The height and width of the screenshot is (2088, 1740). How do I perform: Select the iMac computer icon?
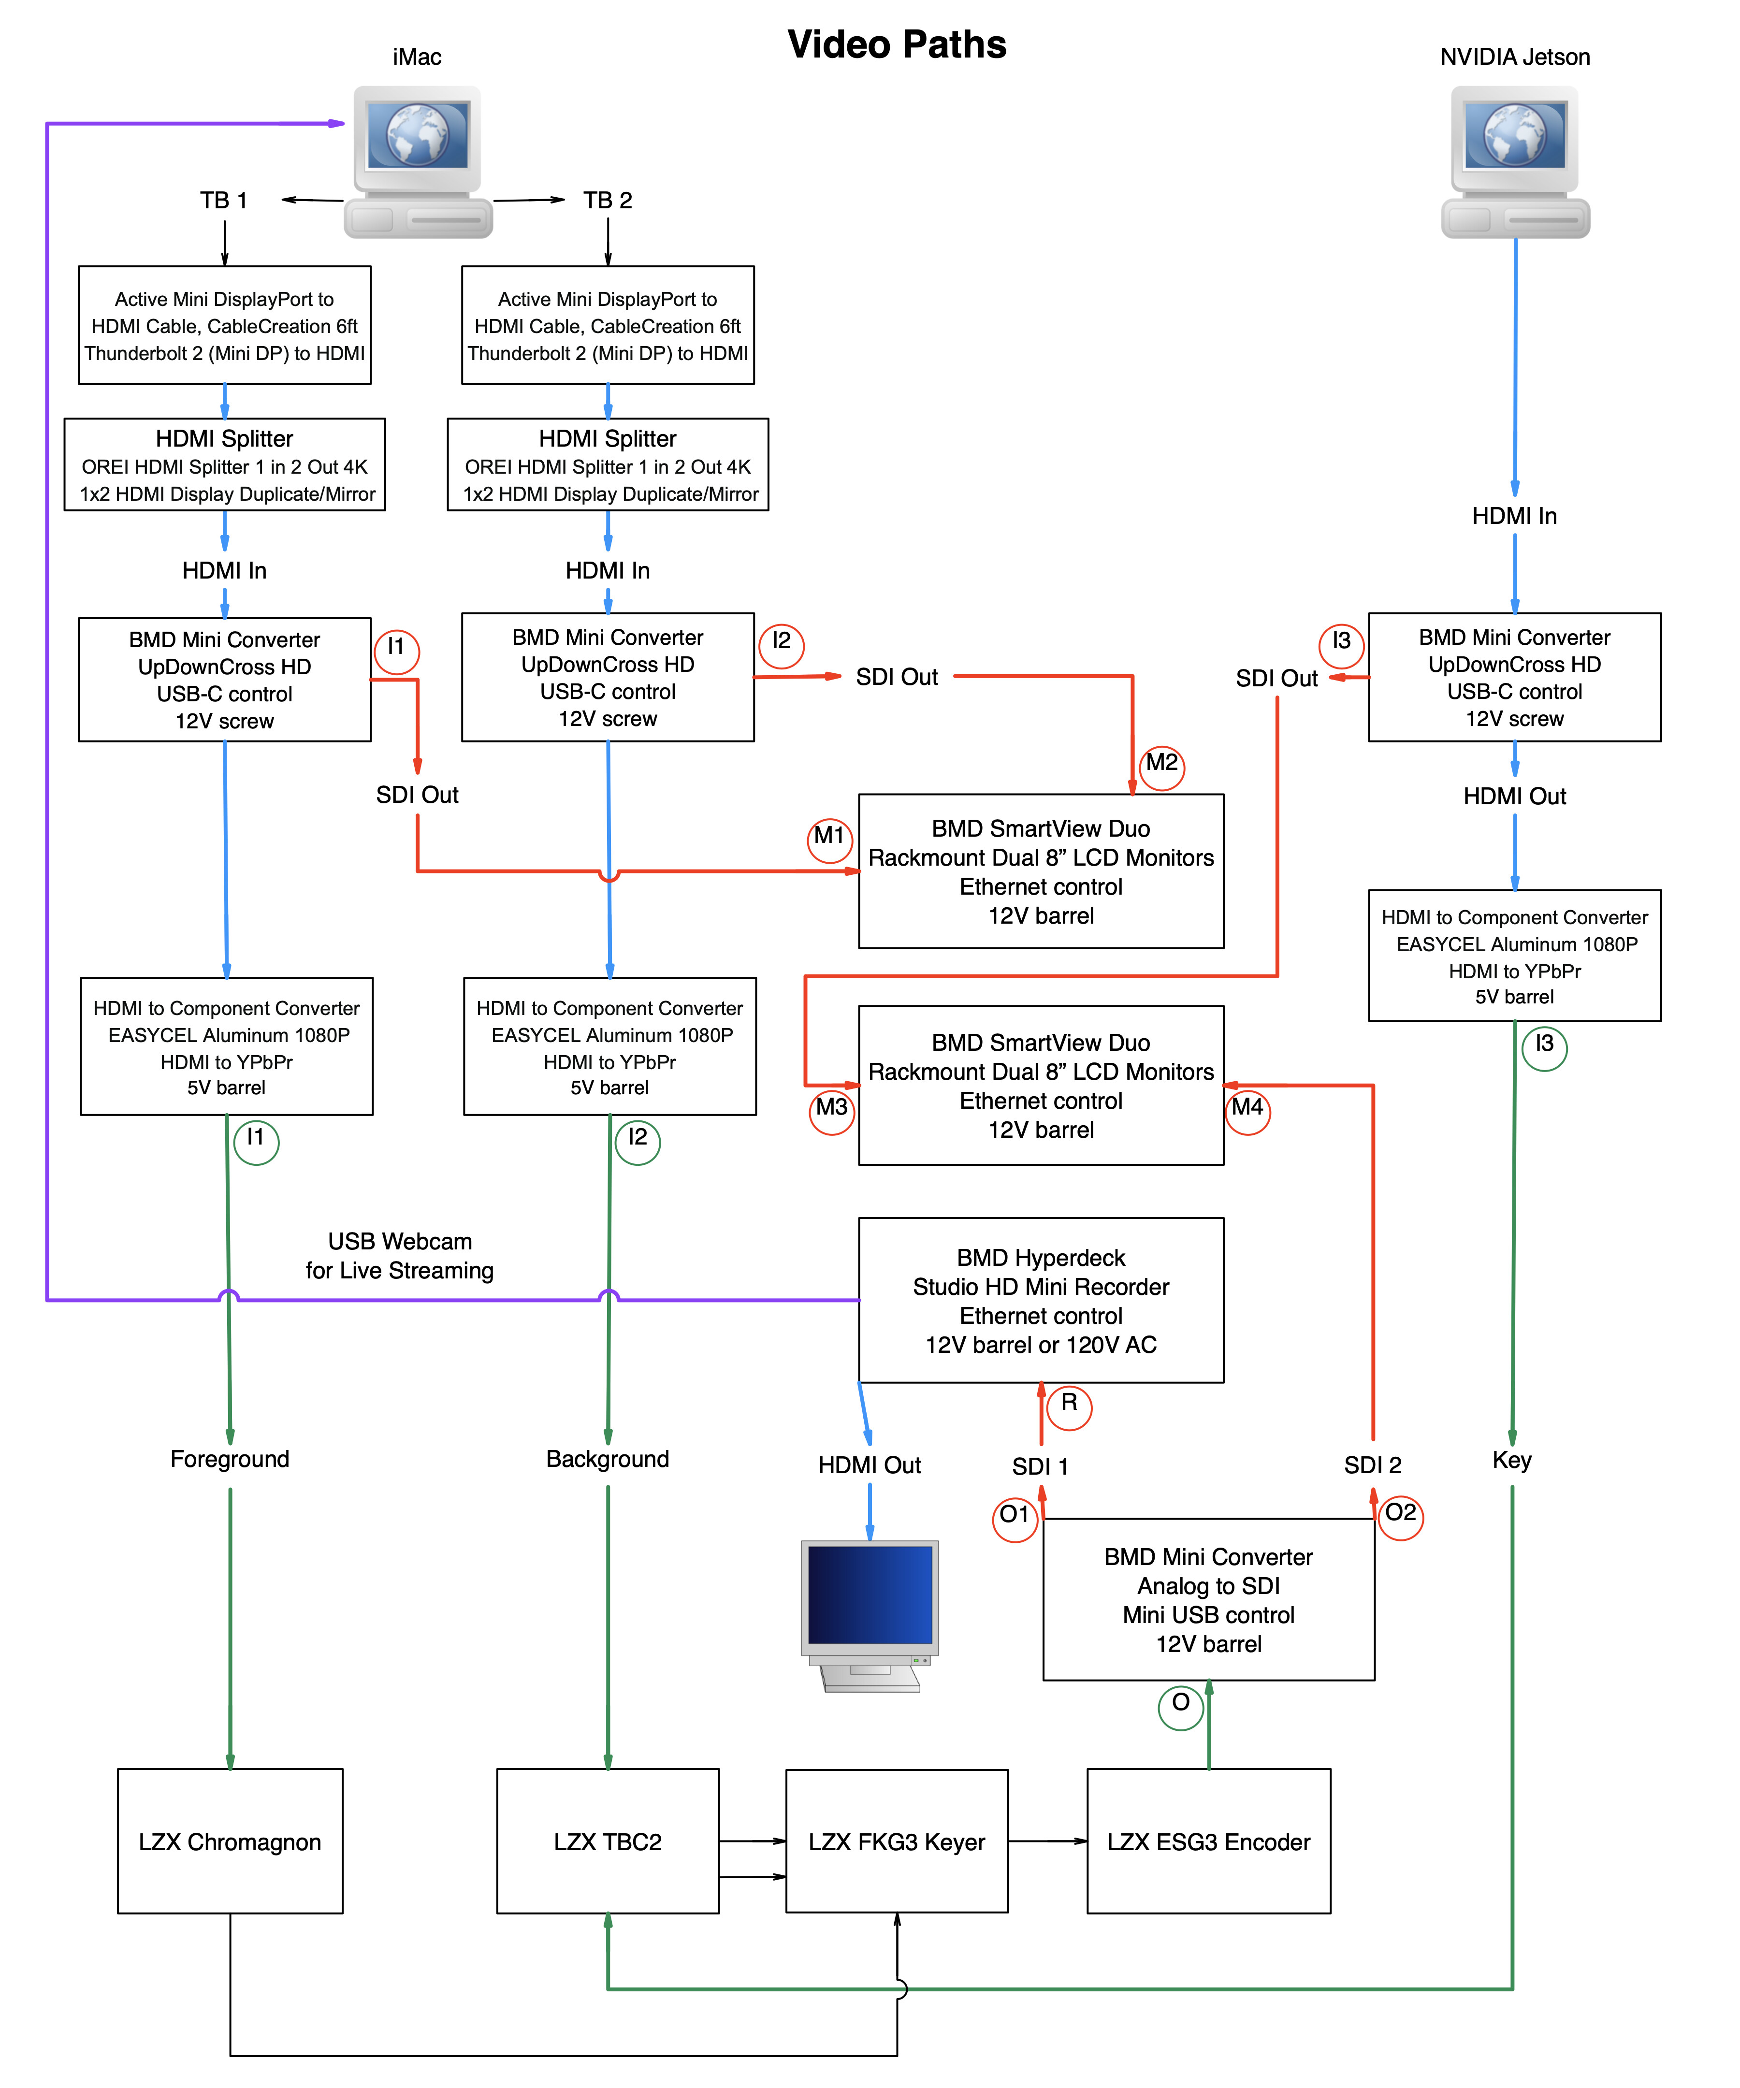(x=418, y=161)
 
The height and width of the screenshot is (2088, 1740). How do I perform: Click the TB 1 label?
(x=224, y=201)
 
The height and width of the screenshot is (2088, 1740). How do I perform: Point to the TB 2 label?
(x=608, y=201)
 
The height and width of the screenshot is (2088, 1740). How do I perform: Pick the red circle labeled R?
(x=1069, y=1406)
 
